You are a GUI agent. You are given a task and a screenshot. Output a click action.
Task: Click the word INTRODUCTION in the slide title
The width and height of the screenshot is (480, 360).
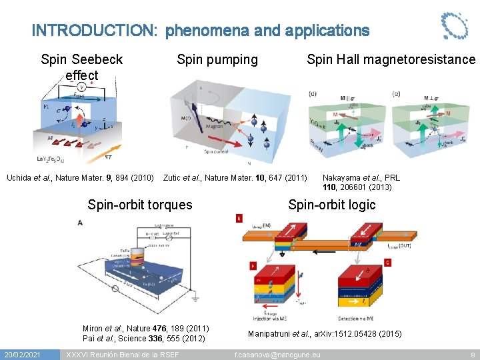(x=94, y=31)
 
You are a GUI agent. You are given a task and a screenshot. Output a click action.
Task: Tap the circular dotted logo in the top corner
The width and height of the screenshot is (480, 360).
(x=455, y=25)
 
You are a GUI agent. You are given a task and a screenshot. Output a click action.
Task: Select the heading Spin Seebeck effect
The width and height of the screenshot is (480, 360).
(x=82, y=67)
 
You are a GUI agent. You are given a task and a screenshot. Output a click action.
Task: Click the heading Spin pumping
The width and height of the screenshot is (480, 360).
(x=217, y=59)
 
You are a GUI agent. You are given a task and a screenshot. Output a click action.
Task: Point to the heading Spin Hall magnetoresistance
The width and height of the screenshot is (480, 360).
(x=391, y=59)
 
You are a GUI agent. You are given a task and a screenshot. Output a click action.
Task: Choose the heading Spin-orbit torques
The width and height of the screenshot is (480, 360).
(x=140, y=205)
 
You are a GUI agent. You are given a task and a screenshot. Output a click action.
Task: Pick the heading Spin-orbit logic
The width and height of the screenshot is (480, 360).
(x=331, y=205)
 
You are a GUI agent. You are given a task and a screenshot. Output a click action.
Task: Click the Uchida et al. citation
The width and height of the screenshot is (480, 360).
(x=81, y=177)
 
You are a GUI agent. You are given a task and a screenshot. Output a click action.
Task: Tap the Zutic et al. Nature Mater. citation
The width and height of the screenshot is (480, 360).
(x=235, y=177)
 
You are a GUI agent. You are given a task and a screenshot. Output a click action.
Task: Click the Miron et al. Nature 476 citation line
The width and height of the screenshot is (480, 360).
(x=146, y=328)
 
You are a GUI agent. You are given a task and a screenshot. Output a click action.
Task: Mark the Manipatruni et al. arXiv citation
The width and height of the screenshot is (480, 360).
(x=325, y=333)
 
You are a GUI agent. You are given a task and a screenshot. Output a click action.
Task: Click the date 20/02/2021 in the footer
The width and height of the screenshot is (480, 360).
(x=23, y=353)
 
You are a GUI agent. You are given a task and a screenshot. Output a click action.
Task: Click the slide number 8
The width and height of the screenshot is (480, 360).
(x=472, y=353)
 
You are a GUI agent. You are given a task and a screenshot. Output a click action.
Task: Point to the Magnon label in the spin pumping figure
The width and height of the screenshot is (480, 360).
(x=215, y=125)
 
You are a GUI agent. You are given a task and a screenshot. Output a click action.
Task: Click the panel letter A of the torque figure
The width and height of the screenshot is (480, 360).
(x=81, y=223)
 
